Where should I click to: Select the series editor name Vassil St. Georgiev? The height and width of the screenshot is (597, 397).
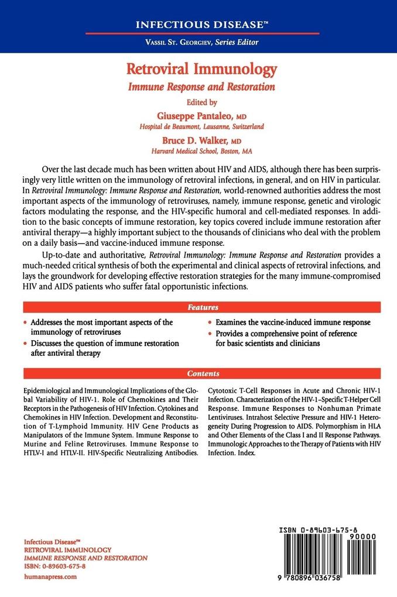[x=198, y=43]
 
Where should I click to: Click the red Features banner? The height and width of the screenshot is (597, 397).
[x=203, y=307]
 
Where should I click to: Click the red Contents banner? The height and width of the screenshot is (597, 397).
[x=203, y=373]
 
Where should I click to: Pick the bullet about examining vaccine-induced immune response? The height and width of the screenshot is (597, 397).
[x=293, y=322]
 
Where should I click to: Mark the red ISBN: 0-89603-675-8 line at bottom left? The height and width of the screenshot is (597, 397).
[x=55, y=567]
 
